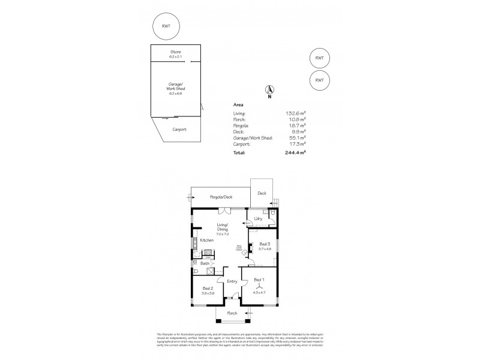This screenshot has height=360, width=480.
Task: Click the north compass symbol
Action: click(269, 91)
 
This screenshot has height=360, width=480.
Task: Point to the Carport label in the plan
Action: click(179, 129)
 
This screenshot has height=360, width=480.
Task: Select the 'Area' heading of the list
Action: click(238, 104)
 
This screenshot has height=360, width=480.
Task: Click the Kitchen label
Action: click(207, 240)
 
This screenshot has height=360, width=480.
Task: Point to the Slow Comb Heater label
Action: click(238, 247)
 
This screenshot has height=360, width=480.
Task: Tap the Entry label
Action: click(232, 281)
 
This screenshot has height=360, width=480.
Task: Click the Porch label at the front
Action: click(232, 313)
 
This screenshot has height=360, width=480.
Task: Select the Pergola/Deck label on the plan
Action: click(220, 196)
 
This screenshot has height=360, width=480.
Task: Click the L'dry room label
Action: click(257, 218)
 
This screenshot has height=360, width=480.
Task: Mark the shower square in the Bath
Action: click(210, 272)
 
